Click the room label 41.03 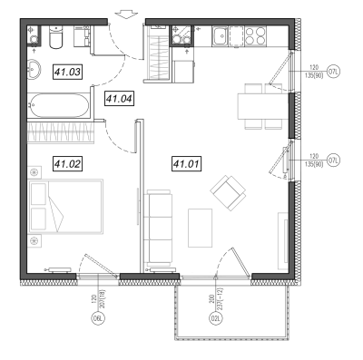(x=68, y=72)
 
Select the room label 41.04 (x=120, y=99)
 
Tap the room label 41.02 (x=68, y=164)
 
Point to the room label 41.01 (x=187, y=164)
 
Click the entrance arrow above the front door (x=127, y=14)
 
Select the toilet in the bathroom (x=56, y=37)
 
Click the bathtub (x=59, y=105)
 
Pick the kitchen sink (x=220, y=36)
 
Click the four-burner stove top (x=255, y=36)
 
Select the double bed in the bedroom (x=65, y=207)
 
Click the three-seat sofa (x=159, y=228)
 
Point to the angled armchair (x=229, y=193)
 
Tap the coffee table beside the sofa (x=200, y=228)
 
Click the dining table (x=263, y=106)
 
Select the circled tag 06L (x=97, y=318)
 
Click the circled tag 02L (x=215, y=318)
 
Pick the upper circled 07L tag (x=334, y=72)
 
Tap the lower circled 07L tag (x=334, y=160)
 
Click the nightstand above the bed (x=34, y=172)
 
